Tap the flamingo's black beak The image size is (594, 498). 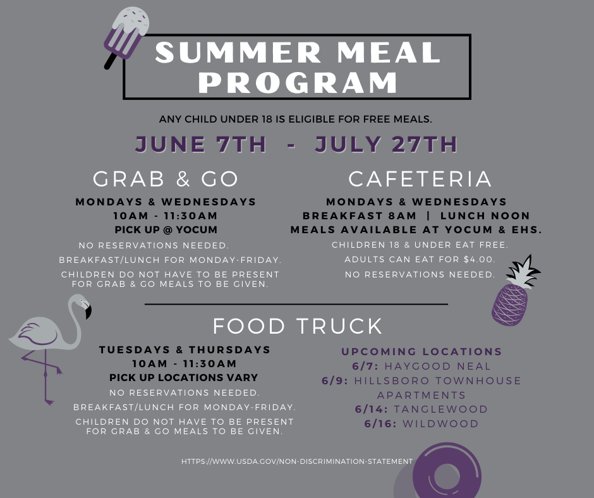[88, 312]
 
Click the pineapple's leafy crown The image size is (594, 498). [523, 271]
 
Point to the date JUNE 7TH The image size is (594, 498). [201, 144]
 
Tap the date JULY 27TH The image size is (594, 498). [386, 144]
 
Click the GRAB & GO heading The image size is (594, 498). [166, 178]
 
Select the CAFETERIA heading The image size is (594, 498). [420, 178]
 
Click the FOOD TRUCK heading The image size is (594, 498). [298, 326]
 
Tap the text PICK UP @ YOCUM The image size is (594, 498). [166, 229]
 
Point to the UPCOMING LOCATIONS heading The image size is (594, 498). [421, 352]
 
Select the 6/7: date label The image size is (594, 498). [365, 367]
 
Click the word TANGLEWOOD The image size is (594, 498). [440, 410]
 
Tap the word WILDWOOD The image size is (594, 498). [440, 423]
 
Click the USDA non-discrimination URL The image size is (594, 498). [297, 461]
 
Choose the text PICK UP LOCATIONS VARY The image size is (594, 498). [184, 377]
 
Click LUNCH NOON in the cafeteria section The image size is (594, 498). [485, 216]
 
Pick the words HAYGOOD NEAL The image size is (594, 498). [437, 367]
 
